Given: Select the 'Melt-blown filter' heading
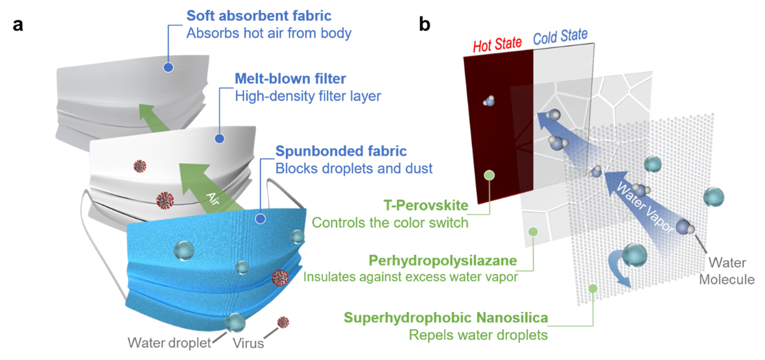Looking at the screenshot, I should click(x=290, y=78).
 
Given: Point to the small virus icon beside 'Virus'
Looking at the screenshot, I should click(x=283, y=322).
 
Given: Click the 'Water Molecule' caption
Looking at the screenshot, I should click(x=726, y=272).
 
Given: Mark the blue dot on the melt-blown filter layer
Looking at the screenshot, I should click(x=219, y=138).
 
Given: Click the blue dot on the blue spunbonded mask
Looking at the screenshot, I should click(x=261, y=218).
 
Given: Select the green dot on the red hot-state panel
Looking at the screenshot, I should click(x=489, y=175).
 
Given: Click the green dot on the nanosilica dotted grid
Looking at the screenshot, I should click(x=593, y=288).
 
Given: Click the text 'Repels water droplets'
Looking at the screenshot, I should click(x=479, y=335).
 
